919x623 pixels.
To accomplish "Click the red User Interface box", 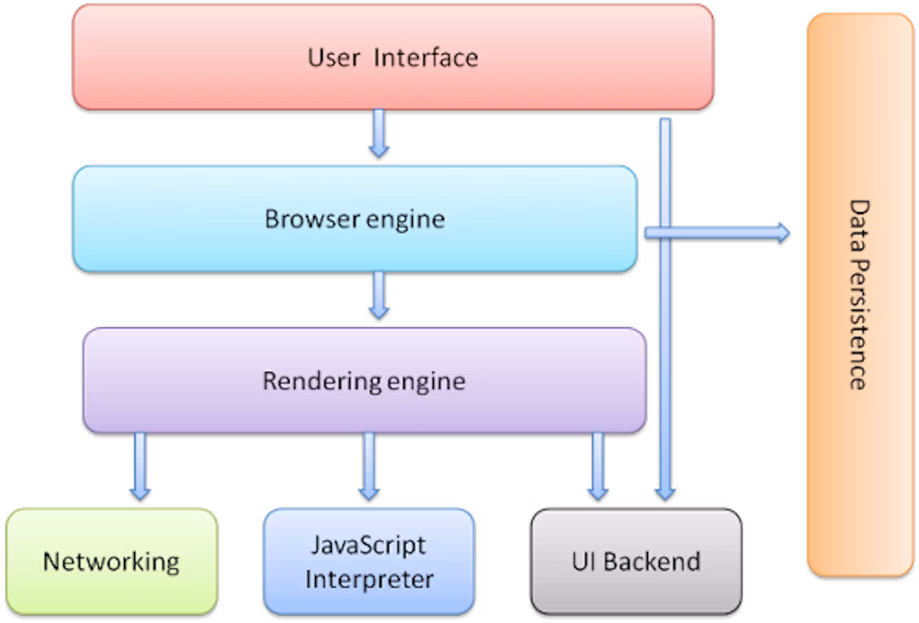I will click(x=392, y=57).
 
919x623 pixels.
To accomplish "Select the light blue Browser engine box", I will click(x=355, y=219).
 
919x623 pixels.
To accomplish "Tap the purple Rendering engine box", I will click(x=364, y=380).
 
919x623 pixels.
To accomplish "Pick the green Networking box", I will click(x=111, y=561).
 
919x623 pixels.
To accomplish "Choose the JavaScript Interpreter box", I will click(x=369, y=561).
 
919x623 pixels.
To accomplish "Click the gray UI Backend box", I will click(x=636, y=561).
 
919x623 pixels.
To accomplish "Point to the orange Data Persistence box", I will click(x=859, y=294).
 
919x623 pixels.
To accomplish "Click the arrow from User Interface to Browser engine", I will click(x=379, y=133).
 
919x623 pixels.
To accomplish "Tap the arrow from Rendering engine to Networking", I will click(x=141, y=466).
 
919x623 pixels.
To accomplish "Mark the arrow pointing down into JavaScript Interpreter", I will click(x=369, y=466).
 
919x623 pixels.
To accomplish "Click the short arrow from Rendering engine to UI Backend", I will click(x=598, y=466).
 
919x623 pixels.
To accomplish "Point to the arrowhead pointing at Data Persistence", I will click(x=781, y=232).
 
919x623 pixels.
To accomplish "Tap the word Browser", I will click(x=306, y=219).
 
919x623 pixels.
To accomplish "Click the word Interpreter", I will click(x=369, y=580).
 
